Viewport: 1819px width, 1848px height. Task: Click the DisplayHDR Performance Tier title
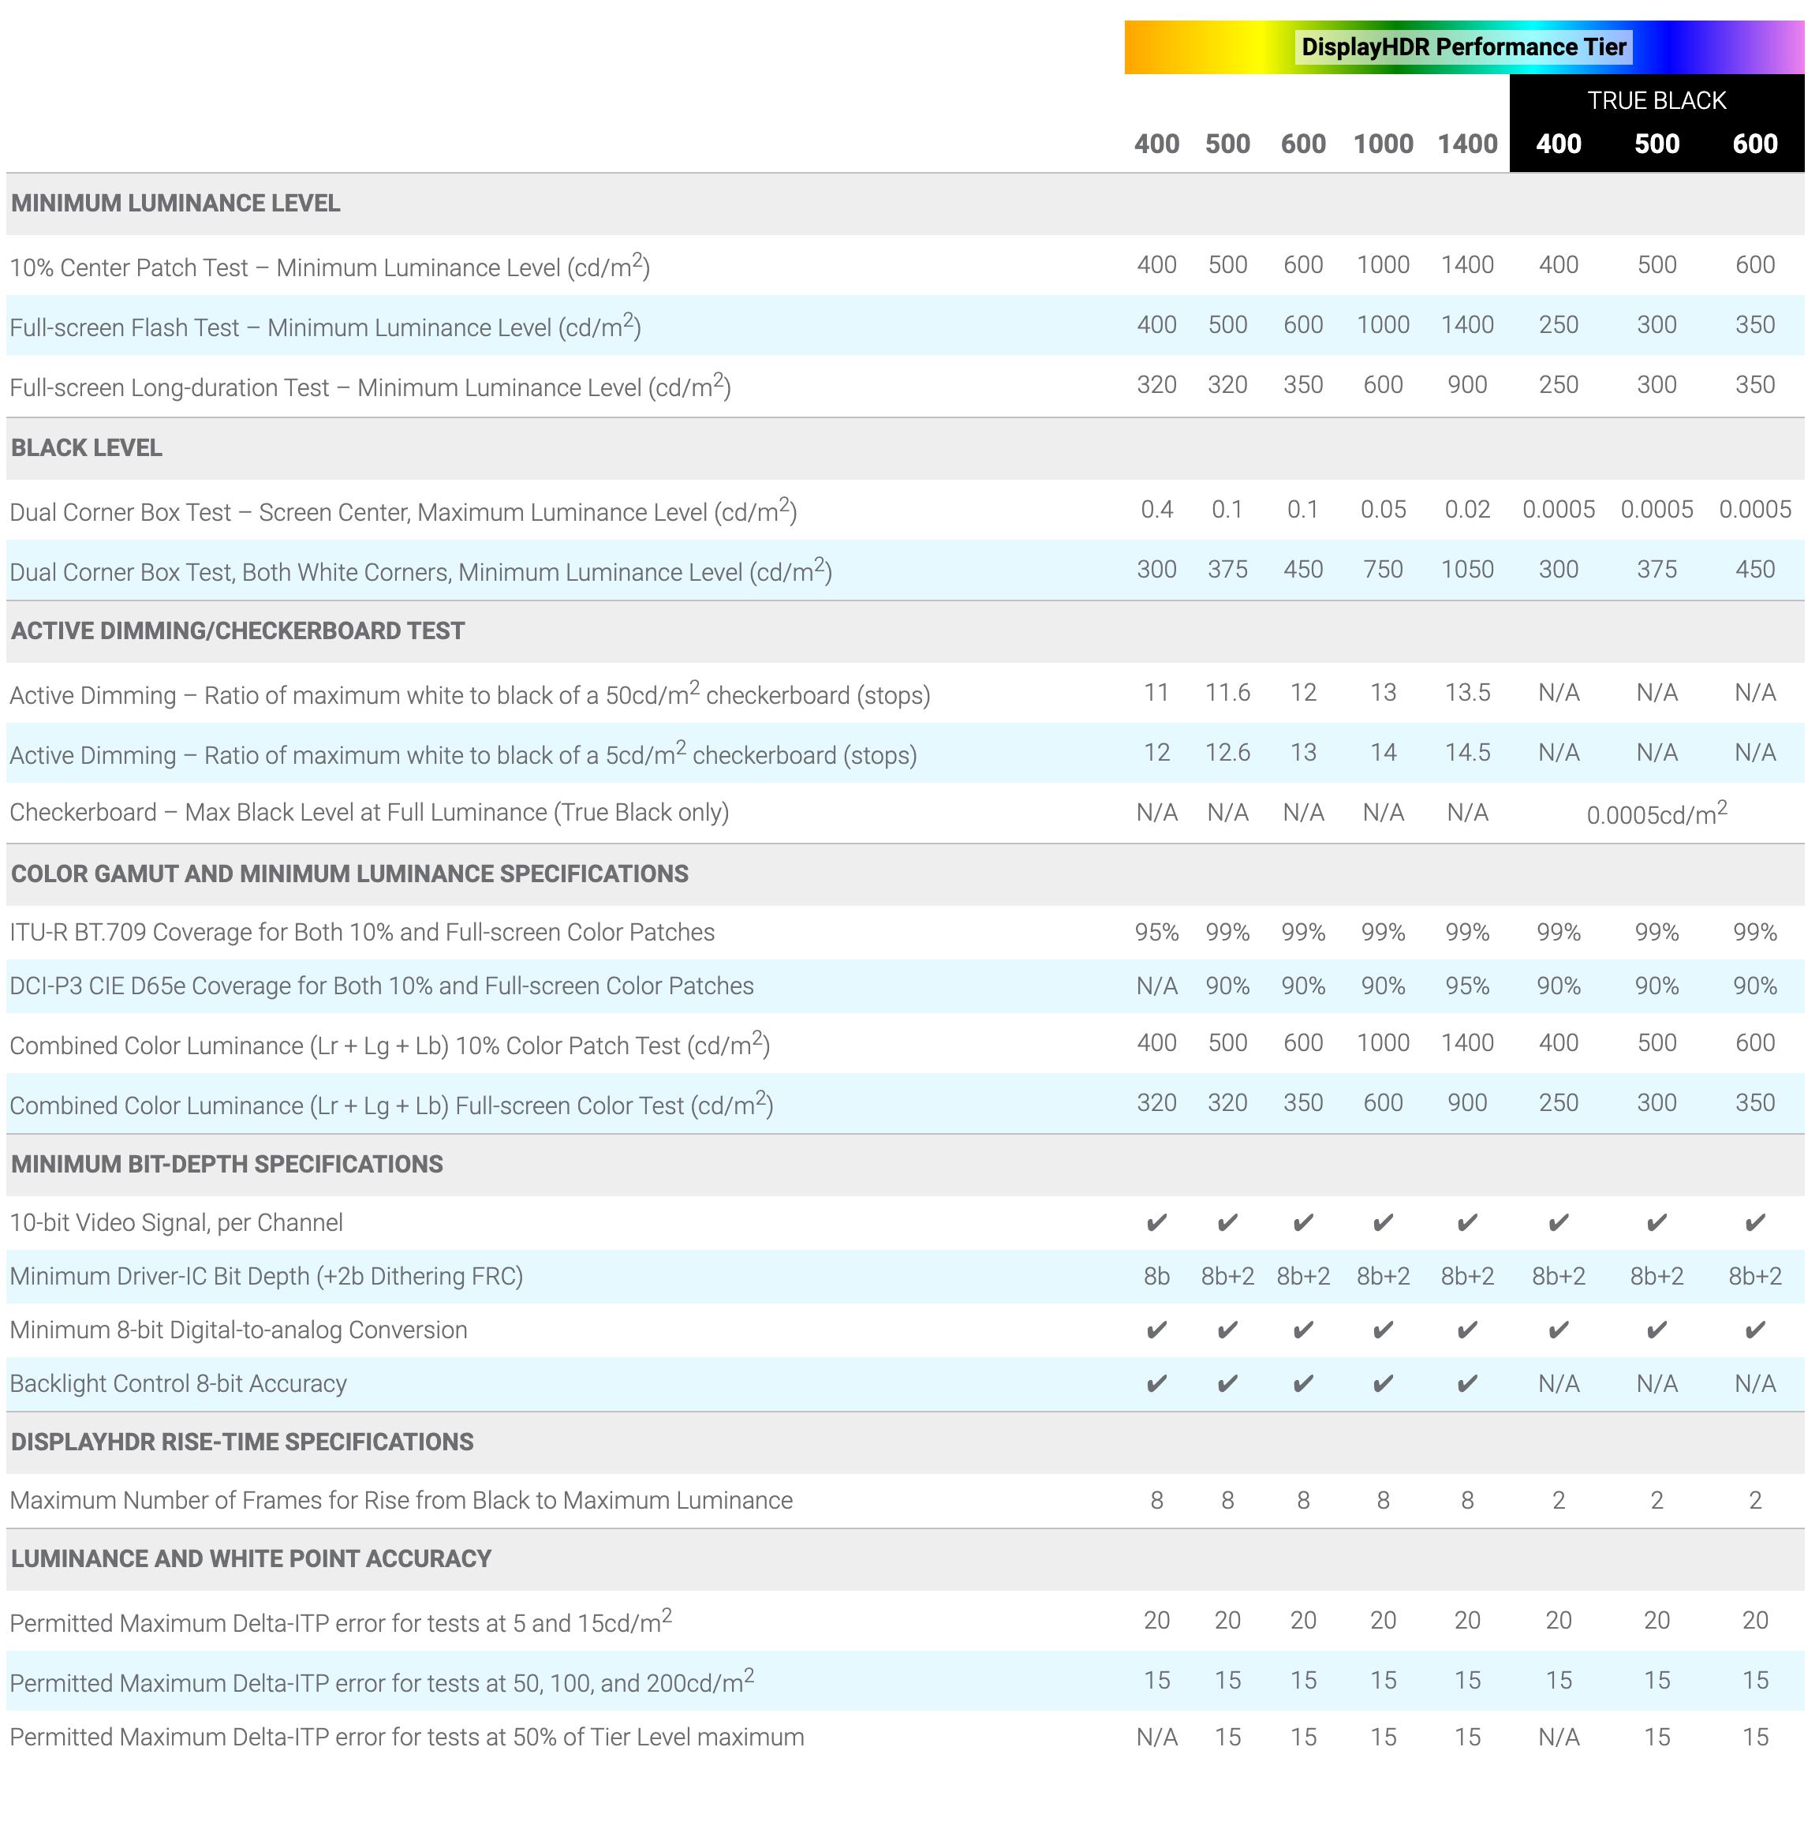(1462, 47)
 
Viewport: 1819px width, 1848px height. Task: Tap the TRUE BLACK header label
(1656, 100)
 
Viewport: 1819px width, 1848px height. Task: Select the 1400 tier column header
(1466, 144)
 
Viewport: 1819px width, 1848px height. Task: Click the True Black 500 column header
(1656, 144)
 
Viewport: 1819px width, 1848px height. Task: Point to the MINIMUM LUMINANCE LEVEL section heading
(176, 203)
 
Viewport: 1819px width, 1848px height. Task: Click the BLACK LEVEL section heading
(87, 447)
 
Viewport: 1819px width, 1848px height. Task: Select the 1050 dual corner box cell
(1466, 570)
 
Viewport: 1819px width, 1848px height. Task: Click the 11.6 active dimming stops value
(1227, 692)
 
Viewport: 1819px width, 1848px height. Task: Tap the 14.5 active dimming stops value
(1466, 752)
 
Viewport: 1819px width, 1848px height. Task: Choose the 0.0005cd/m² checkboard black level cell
(1656, 814)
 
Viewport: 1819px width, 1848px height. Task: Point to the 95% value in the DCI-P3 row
(1466, 986)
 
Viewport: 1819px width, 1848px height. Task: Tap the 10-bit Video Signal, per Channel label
(177, 1222)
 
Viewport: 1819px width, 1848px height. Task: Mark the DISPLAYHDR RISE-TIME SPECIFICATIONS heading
(243, 1441)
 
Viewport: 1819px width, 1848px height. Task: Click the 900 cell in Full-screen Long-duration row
(1466, 384)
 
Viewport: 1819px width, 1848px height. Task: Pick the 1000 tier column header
(1383, 144)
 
